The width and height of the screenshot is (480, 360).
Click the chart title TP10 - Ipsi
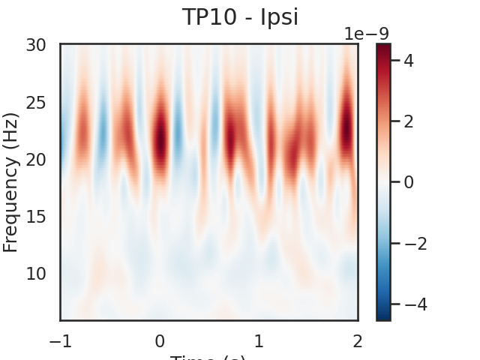(240, 17)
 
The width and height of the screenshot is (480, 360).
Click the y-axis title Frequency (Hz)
(10, 182)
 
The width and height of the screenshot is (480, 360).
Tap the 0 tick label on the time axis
(160, 341)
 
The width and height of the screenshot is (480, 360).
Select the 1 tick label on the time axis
(259, 341)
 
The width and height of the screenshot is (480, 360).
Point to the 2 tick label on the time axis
(358, 341)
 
